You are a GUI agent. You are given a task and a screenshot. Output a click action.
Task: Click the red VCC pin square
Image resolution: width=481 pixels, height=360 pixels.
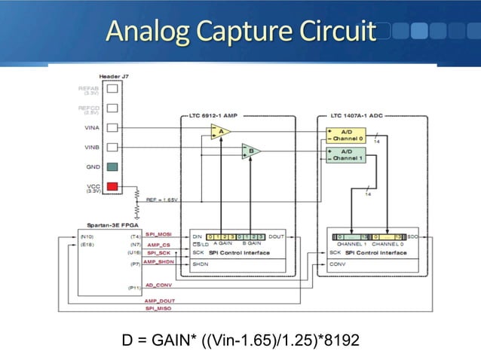[x=112, y=187]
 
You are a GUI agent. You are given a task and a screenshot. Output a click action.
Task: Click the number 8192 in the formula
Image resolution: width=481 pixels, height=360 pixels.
[x=339, y=340]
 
